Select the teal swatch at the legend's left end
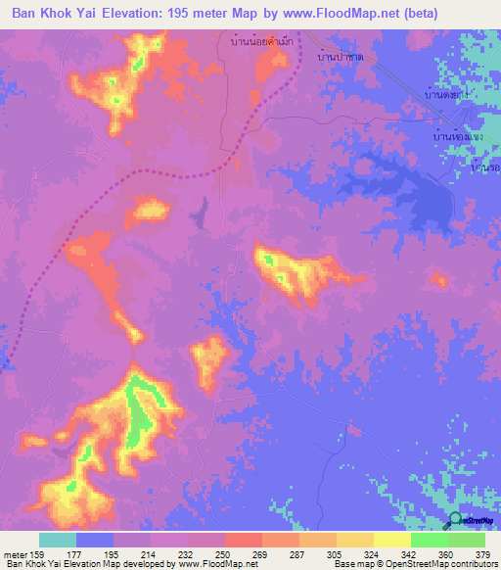(x=58, y=540)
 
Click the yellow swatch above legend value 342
(x=392, y=540)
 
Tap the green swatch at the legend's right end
(x=467, y=540)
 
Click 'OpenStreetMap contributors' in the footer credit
(x=440, y=564)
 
